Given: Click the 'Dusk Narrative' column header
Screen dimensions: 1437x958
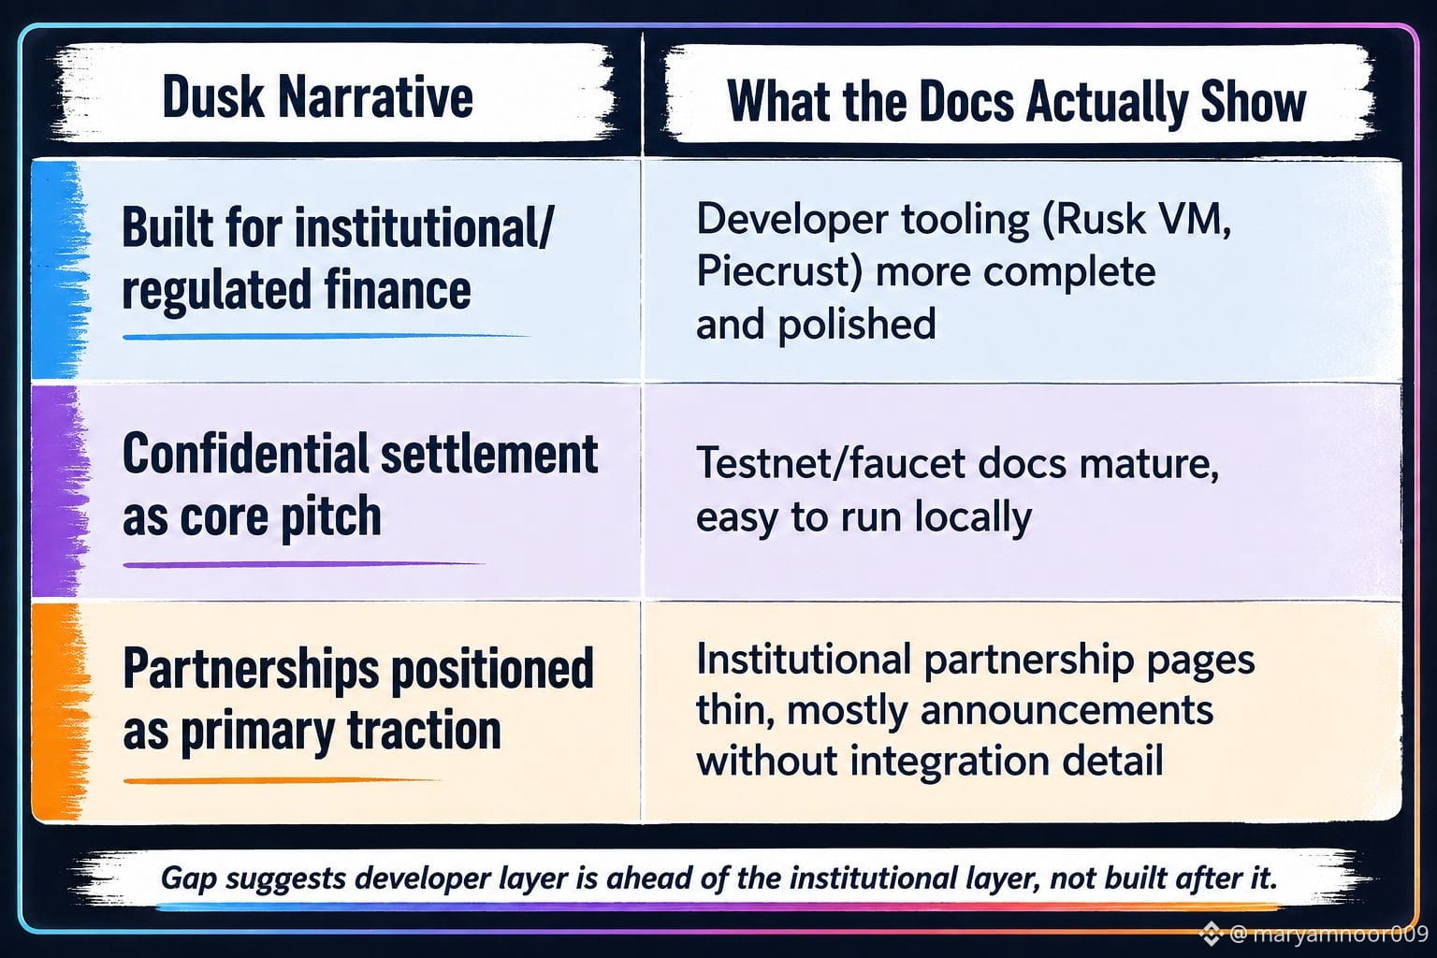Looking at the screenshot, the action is [x=317, y=97].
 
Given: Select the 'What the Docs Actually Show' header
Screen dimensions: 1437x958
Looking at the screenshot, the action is [x=1016, y=101].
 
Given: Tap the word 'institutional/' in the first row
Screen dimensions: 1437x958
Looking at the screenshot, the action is [x=424, y=227].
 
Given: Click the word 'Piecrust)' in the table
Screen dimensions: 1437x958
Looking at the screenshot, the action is [x=780, y=271].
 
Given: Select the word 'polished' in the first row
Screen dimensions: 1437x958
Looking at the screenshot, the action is [x=858, y=324].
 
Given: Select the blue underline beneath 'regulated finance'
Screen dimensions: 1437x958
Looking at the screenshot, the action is [x=326, y=336].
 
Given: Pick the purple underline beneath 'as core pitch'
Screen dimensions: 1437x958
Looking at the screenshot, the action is [x=303, y=565].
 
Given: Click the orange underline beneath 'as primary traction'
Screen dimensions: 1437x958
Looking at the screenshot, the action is [x=281, y=781].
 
